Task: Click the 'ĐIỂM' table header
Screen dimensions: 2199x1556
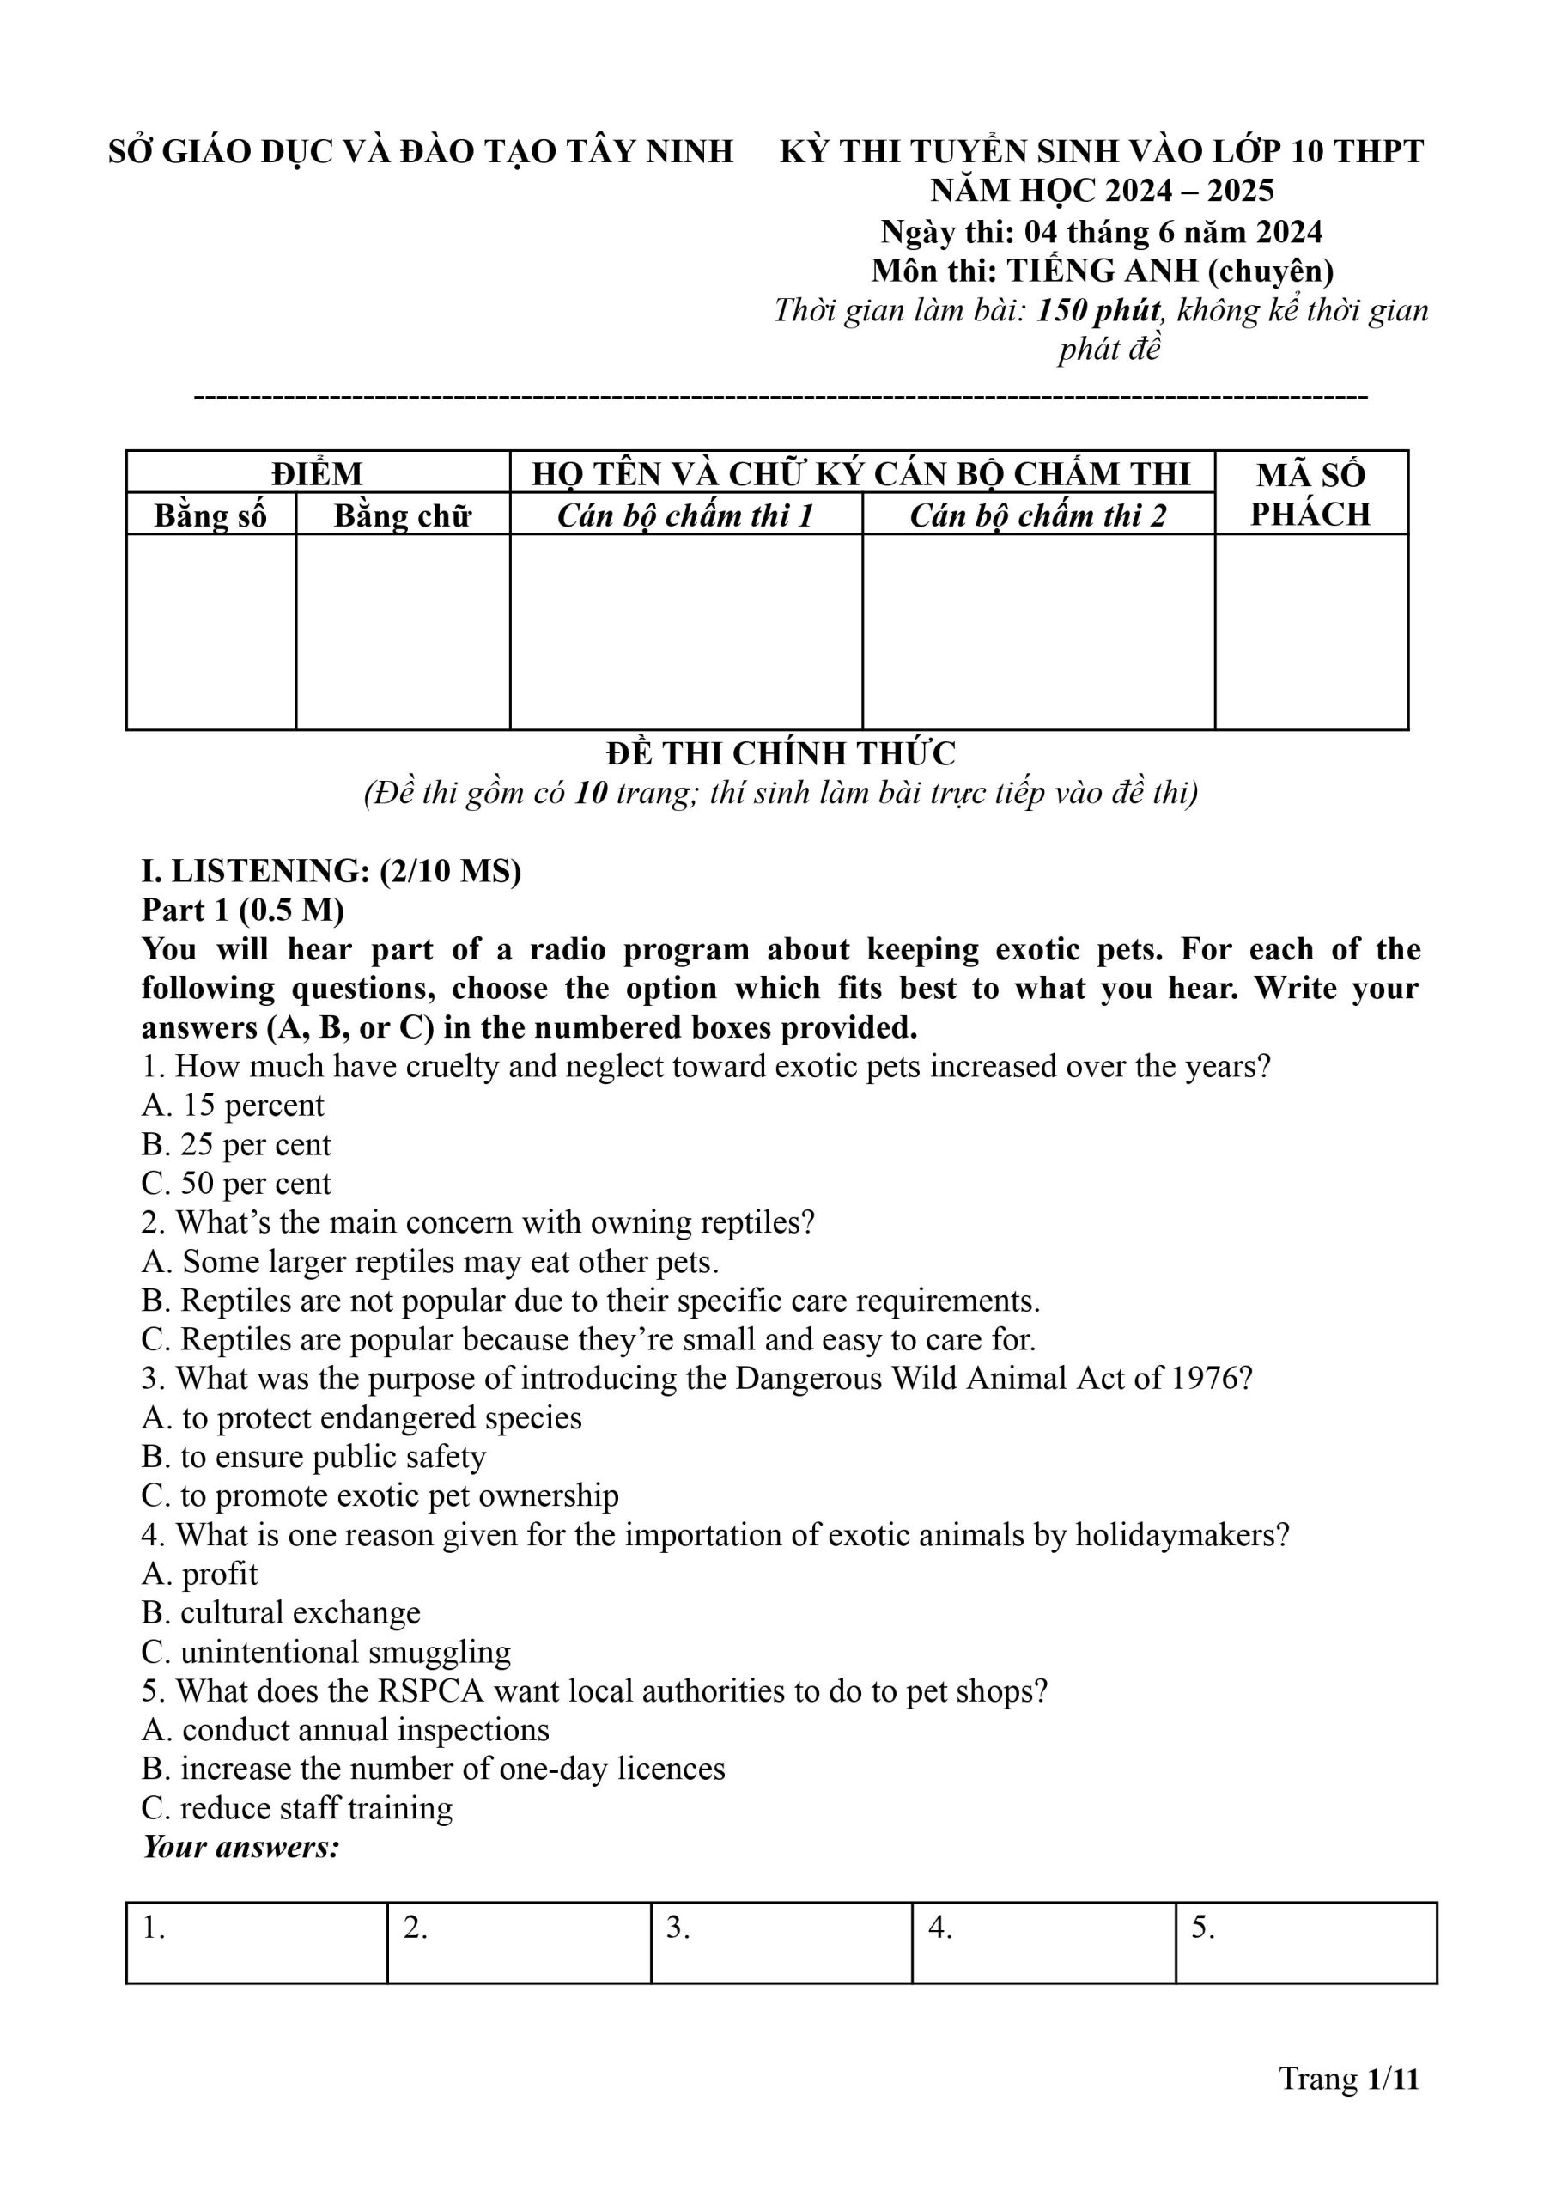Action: tap(316, 473)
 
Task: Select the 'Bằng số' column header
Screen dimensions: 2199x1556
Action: tap(210, 515)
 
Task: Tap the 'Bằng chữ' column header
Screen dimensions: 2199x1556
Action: tap(403, 515)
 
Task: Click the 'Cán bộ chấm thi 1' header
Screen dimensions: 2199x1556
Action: tap(685, 515)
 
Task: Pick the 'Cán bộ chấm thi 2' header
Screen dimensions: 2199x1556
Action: tap(1037, 515)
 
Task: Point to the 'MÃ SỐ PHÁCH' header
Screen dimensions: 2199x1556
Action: tap(1310, 493)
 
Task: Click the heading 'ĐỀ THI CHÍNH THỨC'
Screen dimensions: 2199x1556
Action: tap(780, 753)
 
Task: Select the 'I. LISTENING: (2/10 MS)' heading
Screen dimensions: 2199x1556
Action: tap(331, 870)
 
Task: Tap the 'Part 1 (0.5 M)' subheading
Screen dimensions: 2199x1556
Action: tap(242, 910)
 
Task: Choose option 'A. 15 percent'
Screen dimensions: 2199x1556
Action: tap(233, 1105)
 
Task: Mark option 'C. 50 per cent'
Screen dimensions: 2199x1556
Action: tap(235, 1184)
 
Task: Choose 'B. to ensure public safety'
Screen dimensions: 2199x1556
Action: tap(313, 1457)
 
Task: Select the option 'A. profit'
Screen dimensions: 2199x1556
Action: tap(199, 1574)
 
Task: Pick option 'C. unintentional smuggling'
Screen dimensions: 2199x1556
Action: tap(325, 1652)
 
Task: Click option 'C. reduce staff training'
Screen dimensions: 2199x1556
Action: tap(297, 1808)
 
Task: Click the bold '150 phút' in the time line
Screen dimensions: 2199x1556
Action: tap(1098, 310)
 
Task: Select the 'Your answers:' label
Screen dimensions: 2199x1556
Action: tap(240, 1847)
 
